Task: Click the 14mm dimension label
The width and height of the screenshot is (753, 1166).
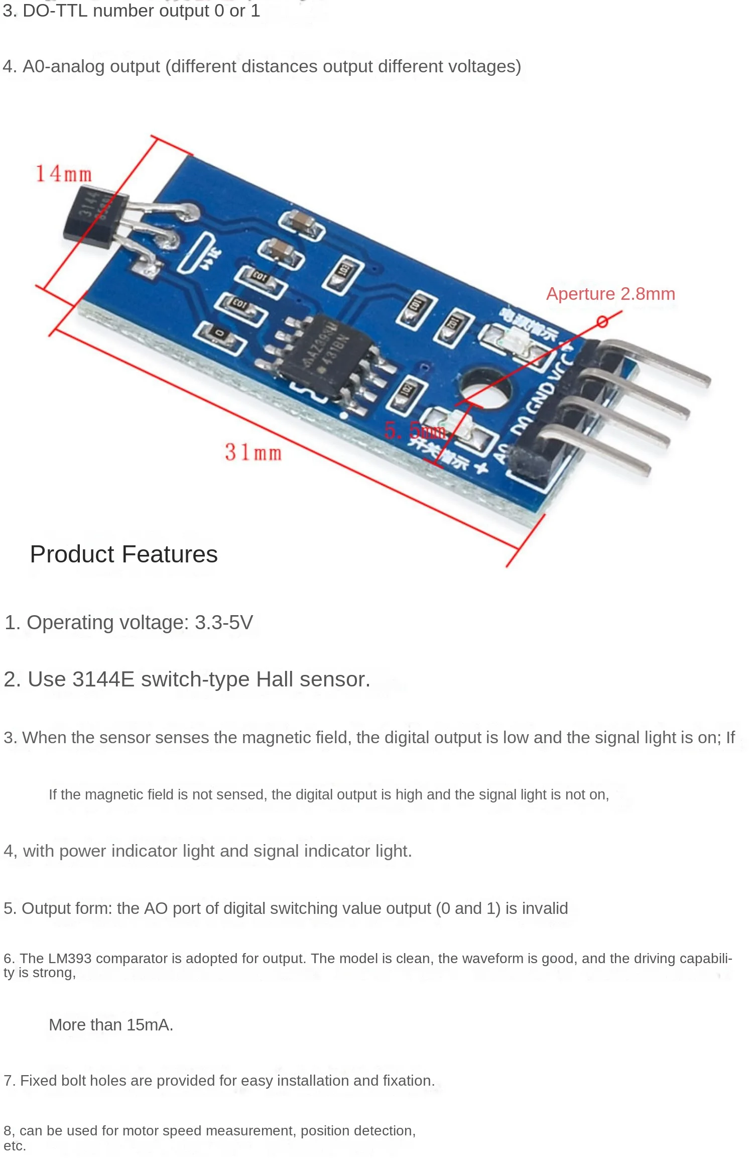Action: tap(64, 174)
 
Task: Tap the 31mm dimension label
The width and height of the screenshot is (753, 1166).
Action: tap(253, 452)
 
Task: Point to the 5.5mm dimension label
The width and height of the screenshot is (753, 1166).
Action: tap(415, 431)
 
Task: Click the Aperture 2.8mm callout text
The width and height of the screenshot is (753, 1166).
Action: tap(610, 294)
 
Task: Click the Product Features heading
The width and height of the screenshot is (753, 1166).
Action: tap(123, 554)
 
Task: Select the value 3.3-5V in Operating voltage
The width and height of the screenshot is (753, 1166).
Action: tap(224, 623)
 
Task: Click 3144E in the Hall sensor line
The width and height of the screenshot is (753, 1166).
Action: tap(103, 679)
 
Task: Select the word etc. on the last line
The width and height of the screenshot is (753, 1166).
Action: tap(15, 1146)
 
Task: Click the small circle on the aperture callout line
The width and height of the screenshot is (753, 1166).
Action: tap(602, 321)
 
